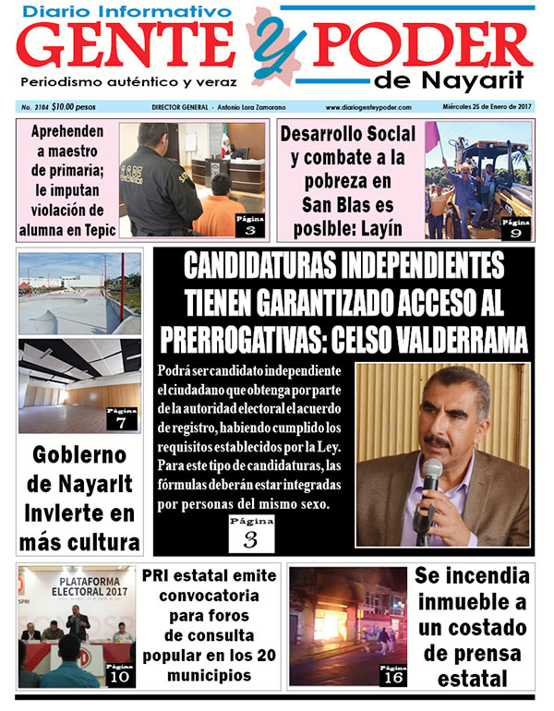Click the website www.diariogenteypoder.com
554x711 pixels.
pos(368,107)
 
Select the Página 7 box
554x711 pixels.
pos(122,416)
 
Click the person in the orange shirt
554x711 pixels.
pos(220,211)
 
